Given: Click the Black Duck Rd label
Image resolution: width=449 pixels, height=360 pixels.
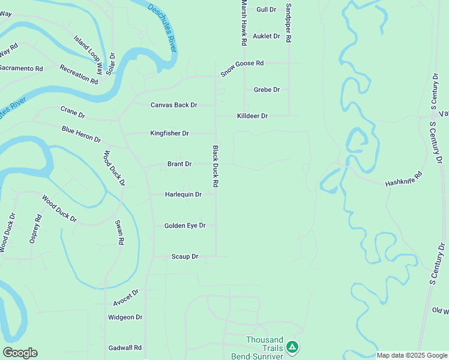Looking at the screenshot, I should pyautogui.click(x=214, y=166).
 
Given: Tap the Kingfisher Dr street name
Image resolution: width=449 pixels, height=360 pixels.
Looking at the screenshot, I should pyautogui.click(x=169, y=133).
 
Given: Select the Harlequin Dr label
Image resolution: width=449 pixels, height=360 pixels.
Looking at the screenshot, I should pyautogui.click(x=183, y=194).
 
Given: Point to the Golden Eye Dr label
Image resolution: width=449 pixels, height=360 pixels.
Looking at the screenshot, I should pyautogui.click(x=185, y=226).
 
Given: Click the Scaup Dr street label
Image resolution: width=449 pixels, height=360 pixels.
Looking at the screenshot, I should pyautogui.click(x=185, y=257).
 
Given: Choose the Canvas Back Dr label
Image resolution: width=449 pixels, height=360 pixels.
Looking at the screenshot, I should pyautogui.click(x=173, y=105).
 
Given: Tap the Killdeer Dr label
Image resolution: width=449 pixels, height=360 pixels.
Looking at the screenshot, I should pyautogui.click(x=252, y=116).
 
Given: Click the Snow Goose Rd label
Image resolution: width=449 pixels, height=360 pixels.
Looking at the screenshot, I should pyautogui.click(x=242, y=67).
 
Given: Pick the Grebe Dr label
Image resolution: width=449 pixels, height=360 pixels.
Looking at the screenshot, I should pyautogui.click(x=267, y=90).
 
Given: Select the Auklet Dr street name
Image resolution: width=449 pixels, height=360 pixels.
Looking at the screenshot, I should pyautogui.click(x=267, y=36).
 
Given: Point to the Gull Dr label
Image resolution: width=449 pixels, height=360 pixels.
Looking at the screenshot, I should pyautogui.click(x=266, y=10).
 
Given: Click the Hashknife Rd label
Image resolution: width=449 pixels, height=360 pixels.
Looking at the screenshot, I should pyautogui.click(x=403, y=179).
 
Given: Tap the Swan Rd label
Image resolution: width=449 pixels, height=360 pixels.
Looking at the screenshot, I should pyautogui.click(x=119, y=232).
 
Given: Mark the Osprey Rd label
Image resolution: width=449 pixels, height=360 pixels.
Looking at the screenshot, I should pyautogui.click(x=35, y=229).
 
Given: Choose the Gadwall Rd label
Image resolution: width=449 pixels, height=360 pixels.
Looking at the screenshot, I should pyautogui.click(x=125, y=347).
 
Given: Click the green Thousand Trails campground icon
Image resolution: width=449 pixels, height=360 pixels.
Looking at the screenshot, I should pyautogui.click(x=292, y=347).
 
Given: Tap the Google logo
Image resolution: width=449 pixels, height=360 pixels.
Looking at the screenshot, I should pyautogui.click(x=20, y=353).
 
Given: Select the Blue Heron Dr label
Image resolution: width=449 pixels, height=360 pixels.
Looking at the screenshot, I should pyautogui.click(x=81, y=133).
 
